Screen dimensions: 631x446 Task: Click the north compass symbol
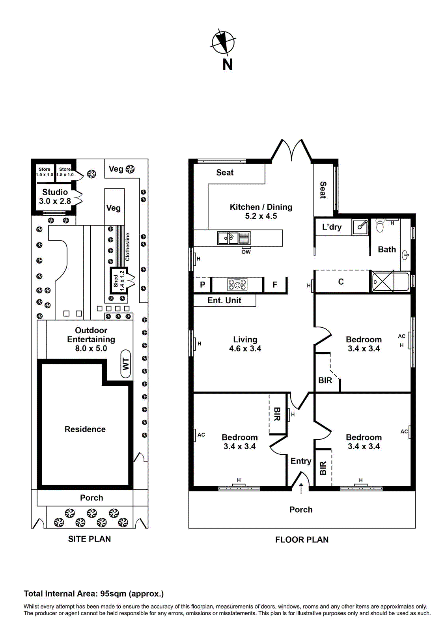coord(223,42)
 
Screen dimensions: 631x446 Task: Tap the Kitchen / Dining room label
coord(261,211)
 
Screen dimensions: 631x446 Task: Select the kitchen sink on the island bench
coord(228,238)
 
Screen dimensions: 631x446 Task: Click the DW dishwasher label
coord(246,252)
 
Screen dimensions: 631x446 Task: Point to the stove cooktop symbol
coord(237,284)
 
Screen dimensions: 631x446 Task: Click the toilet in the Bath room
coord(380,226)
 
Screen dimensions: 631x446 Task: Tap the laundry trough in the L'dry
coord(360,226)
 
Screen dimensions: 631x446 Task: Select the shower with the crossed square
coord(383,281)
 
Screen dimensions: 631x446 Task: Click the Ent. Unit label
coord(224,300)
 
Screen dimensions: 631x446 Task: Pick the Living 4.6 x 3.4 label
coord(245,344)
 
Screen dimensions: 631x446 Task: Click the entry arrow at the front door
coord(301,488)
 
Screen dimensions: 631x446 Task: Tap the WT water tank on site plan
coord(126,364)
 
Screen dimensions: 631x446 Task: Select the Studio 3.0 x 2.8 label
coord(55,196)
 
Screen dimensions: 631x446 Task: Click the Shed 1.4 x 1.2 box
coord(118,280)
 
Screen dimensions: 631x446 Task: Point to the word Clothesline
coord(127,247)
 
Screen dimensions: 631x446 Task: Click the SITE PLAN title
coord(89,539)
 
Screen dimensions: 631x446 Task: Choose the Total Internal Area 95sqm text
coord(93,594)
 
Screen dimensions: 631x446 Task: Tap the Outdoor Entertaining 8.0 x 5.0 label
coord(91,339)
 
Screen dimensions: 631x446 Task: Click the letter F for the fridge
coord(275,284)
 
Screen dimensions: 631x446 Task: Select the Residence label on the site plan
coord(85,429)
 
